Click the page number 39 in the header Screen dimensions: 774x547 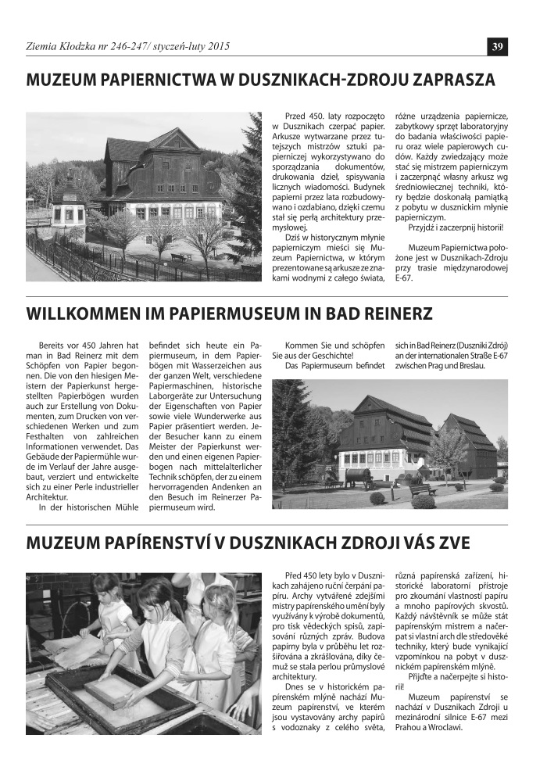(497, 47)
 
